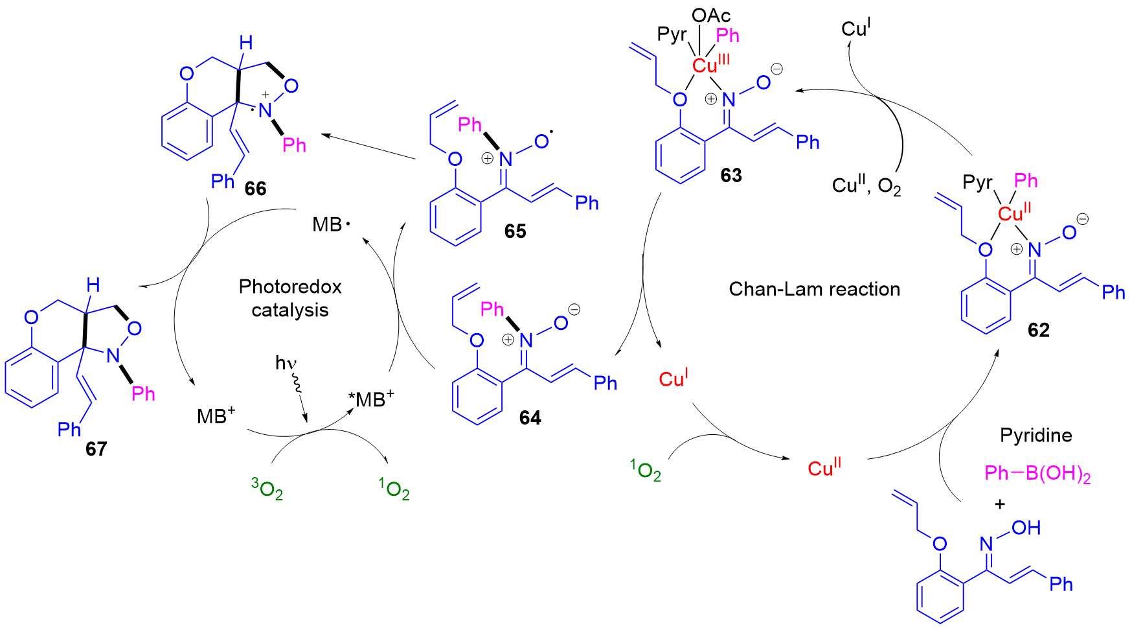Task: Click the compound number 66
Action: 255,189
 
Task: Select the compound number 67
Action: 96,449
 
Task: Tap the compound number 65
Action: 515,231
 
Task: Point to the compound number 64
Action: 530,418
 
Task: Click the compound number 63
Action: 731,175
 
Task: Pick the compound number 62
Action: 1038,330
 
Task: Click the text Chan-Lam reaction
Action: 815,289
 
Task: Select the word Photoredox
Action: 290,286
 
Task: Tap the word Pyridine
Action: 1036,436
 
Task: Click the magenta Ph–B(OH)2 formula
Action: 1037,474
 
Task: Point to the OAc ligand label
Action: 711,16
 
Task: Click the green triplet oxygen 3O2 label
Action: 267,489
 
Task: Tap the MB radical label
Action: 331,224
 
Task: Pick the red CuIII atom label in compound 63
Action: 711,64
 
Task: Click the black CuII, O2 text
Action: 866,187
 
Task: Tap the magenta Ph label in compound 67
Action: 144,393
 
